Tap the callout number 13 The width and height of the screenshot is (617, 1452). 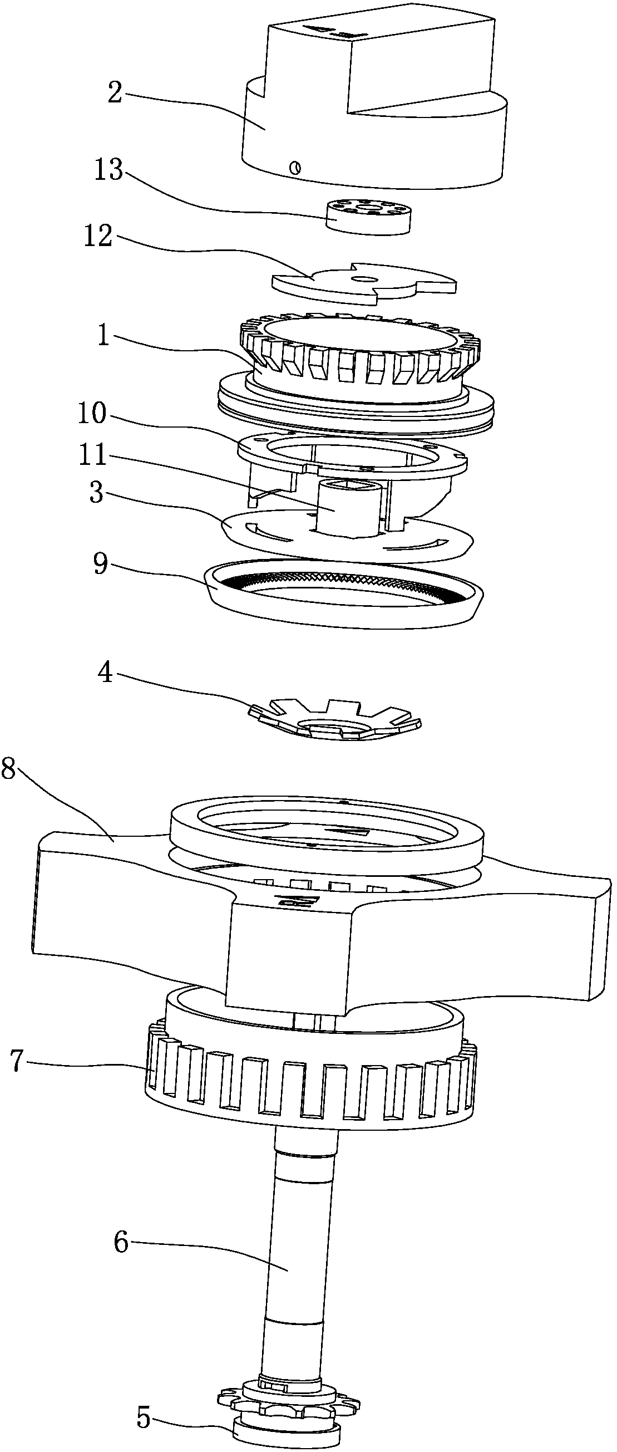(108, 169)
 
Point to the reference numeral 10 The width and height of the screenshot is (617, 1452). (92, 413)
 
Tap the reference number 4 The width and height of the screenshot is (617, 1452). (105, 673)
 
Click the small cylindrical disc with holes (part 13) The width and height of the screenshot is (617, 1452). (369, 217)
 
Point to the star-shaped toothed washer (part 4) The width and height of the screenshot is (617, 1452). (335, 721)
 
